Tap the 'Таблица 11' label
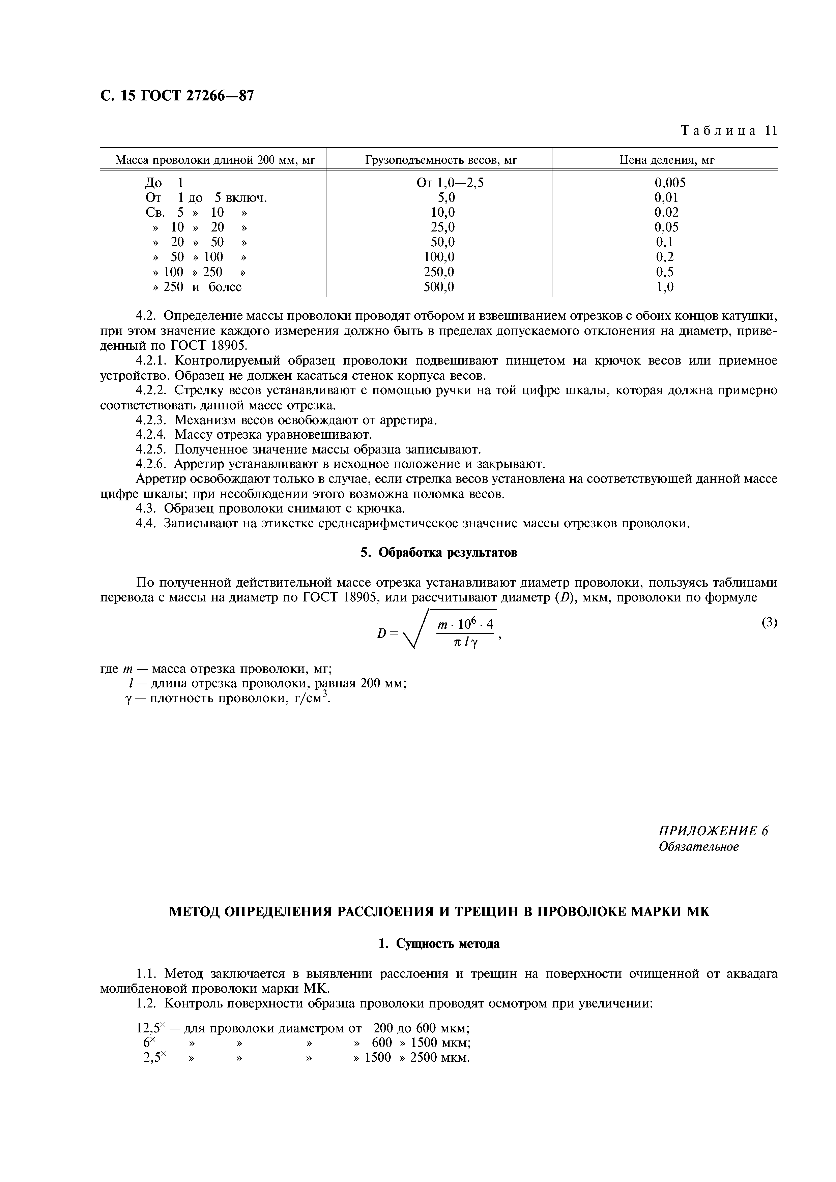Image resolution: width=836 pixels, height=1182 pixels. [728, 130]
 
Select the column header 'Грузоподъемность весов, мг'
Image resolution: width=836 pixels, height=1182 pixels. [441, 160]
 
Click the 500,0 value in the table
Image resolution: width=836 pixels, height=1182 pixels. [439, 287]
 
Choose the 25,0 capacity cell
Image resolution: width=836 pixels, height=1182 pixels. [442, 227]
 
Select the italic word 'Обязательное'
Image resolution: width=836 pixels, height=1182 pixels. [698, 846]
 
